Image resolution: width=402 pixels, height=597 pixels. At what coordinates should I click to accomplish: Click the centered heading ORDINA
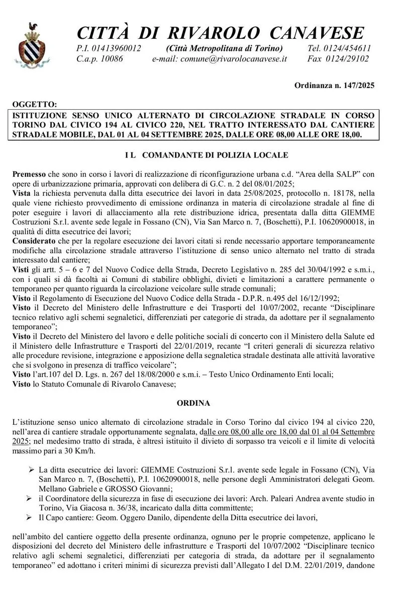tap(193, 403)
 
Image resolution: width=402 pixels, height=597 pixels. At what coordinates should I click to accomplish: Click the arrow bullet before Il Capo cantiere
tap(31, 517)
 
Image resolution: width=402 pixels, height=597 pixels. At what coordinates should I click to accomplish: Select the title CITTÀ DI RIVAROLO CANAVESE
tap(220, 33)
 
